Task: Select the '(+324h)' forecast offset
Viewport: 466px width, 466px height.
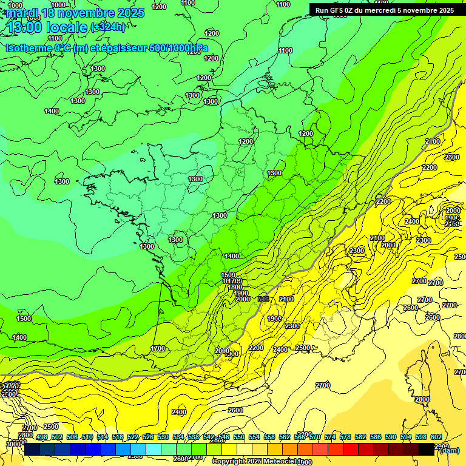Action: click(x=108, y=27)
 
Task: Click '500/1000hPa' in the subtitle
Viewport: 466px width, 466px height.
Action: click(x=175, y=49)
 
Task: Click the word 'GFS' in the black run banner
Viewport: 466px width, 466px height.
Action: click(x=338, y=10)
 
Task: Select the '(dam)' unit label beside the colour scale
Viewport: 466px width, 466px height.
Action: click(x=449, y=450)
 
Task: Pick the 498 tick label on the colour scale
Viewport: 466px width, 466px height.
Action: click(x=42, y=437)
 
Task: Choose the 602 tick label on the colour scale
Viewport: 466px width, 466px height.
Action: click(x=436, y=437)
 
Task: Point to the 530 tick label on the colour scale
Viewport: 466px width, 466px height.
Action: click(x=163, y=437)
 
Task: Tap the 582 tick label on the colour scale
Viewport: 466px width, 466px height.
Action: click(x=360, y=437)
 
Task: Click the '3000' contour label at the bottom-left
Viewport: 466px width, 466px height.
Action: click(x=12, y=444)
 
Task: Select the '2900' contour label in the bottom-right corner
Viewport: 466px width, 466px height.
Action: click(x=441, y=447)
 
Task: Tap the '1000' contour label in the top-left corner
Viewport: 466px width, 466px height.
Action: click(x=16, y=5)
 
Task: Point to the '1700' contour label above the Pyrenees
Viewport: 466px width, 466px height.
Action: click(x=158, y=349)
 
